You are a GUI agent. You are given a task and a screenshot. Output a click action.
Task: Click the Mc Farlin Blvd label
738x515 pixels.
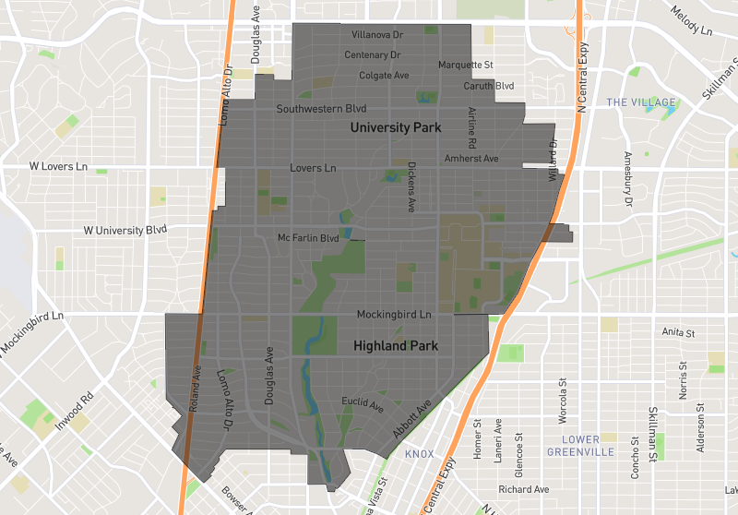[309, 238]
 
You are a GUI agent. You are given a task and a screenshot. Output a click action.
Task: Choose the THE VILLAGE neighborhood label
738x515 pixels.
[642, 102]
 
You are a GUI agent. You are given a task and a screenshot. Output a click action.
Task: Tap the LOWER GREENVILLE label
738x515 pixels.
[587, 445]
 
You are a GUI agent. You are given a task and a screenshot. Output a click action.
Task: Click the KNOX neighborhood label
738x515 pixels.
[419, 453]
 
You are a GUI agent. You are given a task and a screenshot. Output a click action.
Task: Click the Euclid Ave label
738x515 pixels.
[362, 402]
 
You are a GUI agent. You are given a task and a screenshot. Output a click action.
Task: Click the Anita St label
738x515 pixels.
[678, 331]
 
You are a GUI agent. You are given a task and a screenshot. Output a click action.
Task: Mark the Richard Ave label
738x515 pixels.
[523, 489]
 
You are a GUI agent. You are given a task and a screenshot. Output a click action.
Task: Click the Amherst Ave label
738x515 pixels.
[471, 159]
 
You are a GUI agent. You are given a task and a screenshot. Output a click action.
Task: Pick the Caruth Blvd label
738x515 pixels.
[489, 86]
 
